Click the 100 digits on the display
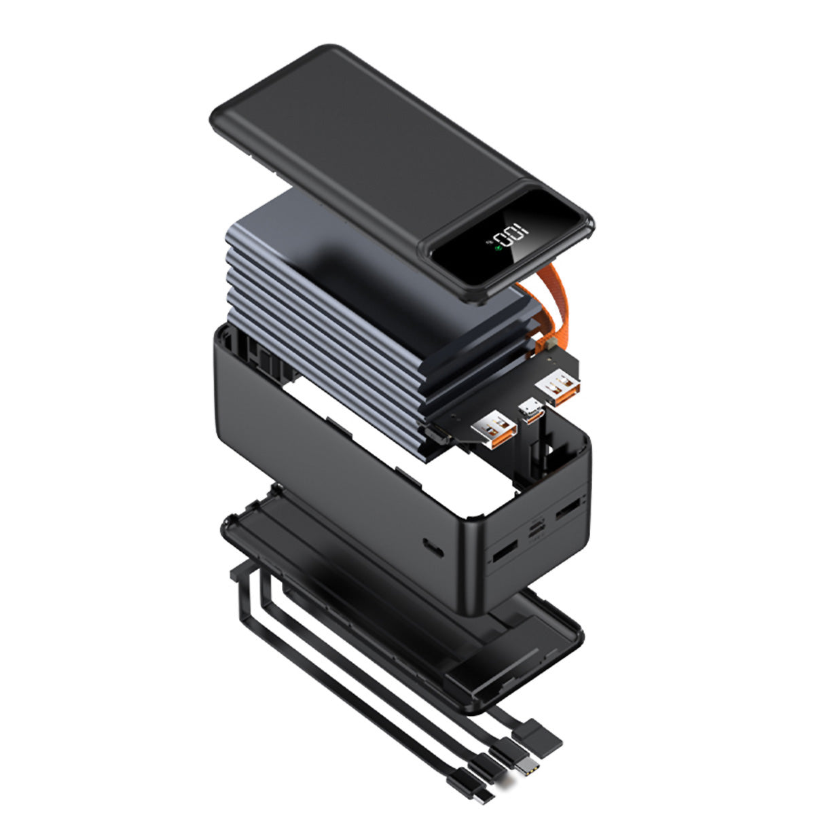pyautogui.click(x=513, y=236)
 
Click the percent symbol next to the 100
pyautogui.click(x=490, y=242)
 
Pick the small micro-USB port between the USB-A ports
pyautogui.click(x=531, y=412)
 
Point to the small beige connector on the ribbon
pyautogui.click(x=550, y=346)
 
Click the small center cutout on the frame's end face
pyautogui.click(x=537, y=528)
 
